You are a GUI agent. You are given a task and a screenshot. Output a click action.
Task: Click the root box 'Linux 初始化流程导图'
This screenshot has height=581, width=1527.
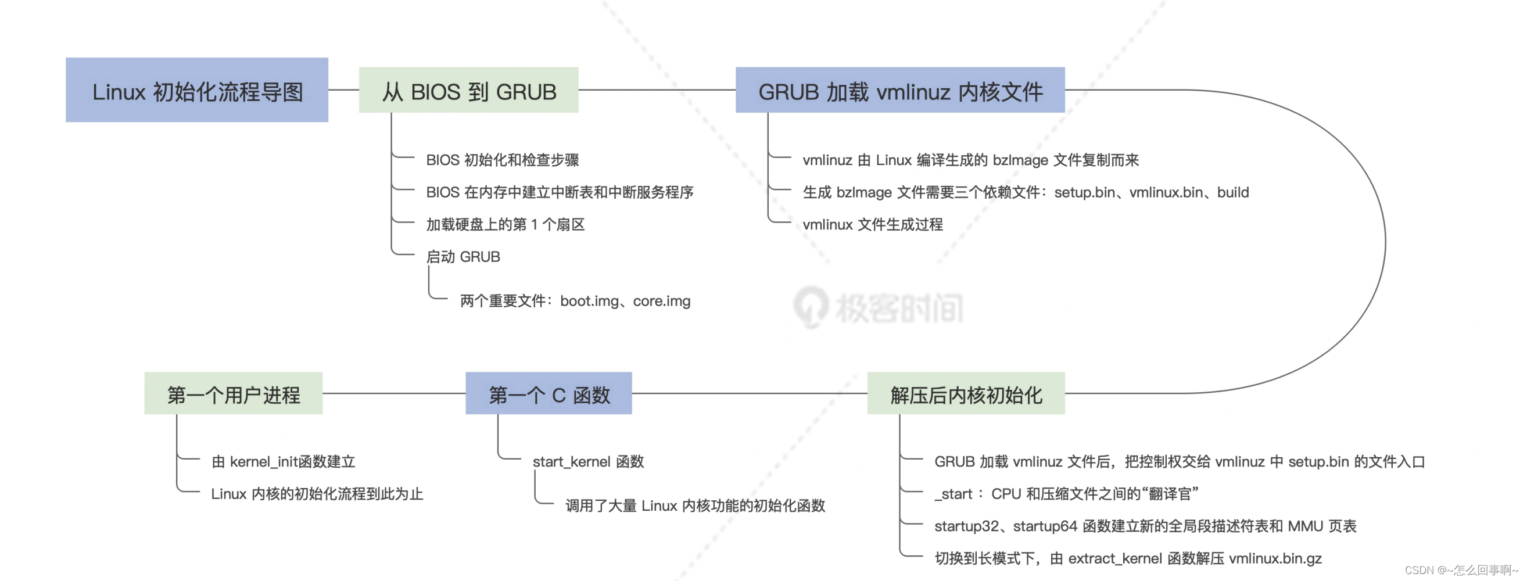tap(197, 90)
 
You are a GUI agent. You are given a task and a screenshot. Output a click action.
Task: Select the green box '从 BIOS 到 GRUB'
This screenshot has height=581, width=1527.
tap(468, 90)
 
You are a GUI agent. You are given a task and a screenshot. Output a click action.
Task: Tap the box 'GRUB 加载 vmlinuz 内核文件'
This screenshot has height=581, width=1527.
tap(900, 90)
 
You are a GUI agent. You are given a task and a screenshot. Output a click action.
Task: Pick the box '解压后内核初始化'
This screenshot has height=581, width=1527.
tap(966, 394)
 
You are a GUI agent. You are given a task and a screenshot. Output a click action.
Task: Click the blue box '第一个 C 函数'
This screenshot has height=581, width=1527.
tap(549, 394)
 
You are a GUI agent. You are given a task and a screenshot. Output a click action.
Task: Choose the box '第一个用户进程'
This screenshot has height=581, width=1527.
tap(233, 394)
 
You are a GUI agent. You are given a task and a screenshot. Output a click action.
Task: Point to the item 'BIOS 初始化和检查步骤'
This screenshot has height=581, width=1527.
tap(502, 160)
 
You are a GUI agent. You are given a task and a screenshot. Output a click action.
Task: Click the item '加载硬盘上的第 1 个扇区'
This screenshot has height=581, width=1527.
tap(505, 225)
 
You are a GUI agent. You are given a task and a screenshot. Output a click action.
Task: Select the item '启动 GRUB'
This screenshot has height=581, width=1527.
tap(463, 257)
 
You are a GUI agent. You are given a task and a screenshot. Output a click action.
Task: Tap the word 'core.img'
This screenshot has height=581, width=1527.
tap(662, 301)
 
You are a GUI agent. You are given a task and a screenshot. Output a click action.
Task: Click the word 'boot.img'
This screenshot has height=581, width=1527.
tap(589, 301)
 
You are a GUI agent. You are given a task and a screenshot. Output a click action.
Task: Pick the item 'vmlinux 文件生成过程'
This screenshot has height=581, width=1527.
tap(872, 225)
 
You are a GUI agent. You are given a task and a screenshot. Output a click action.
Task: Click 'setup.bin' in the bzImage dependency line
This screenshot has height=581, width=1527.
tap(1084, 193)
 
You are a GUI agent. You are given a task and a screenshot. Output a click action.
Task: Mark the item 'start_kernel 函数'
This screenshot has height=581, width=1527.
tap(588, 462)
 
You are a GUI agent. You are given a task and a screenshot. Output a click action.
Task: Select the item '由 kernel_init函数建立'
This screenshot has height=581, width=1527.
tap(283, 462)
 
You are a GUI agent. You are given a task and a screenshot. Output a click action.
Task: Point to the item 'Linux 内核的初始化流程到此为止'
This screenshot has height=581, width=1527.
tap(317, 494)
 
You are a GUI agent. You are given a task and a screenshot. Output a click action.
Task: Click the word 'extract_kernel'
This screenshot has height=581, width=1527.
tap(1114, 558)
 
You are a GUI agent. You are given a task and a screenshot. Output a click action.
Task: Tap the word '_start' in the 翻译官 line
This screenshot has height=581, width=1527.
tap(953, 494)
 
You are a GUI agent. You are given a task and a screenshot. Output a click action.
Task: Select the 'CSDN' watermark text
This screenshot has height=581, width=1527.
tap(1418, 570)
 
